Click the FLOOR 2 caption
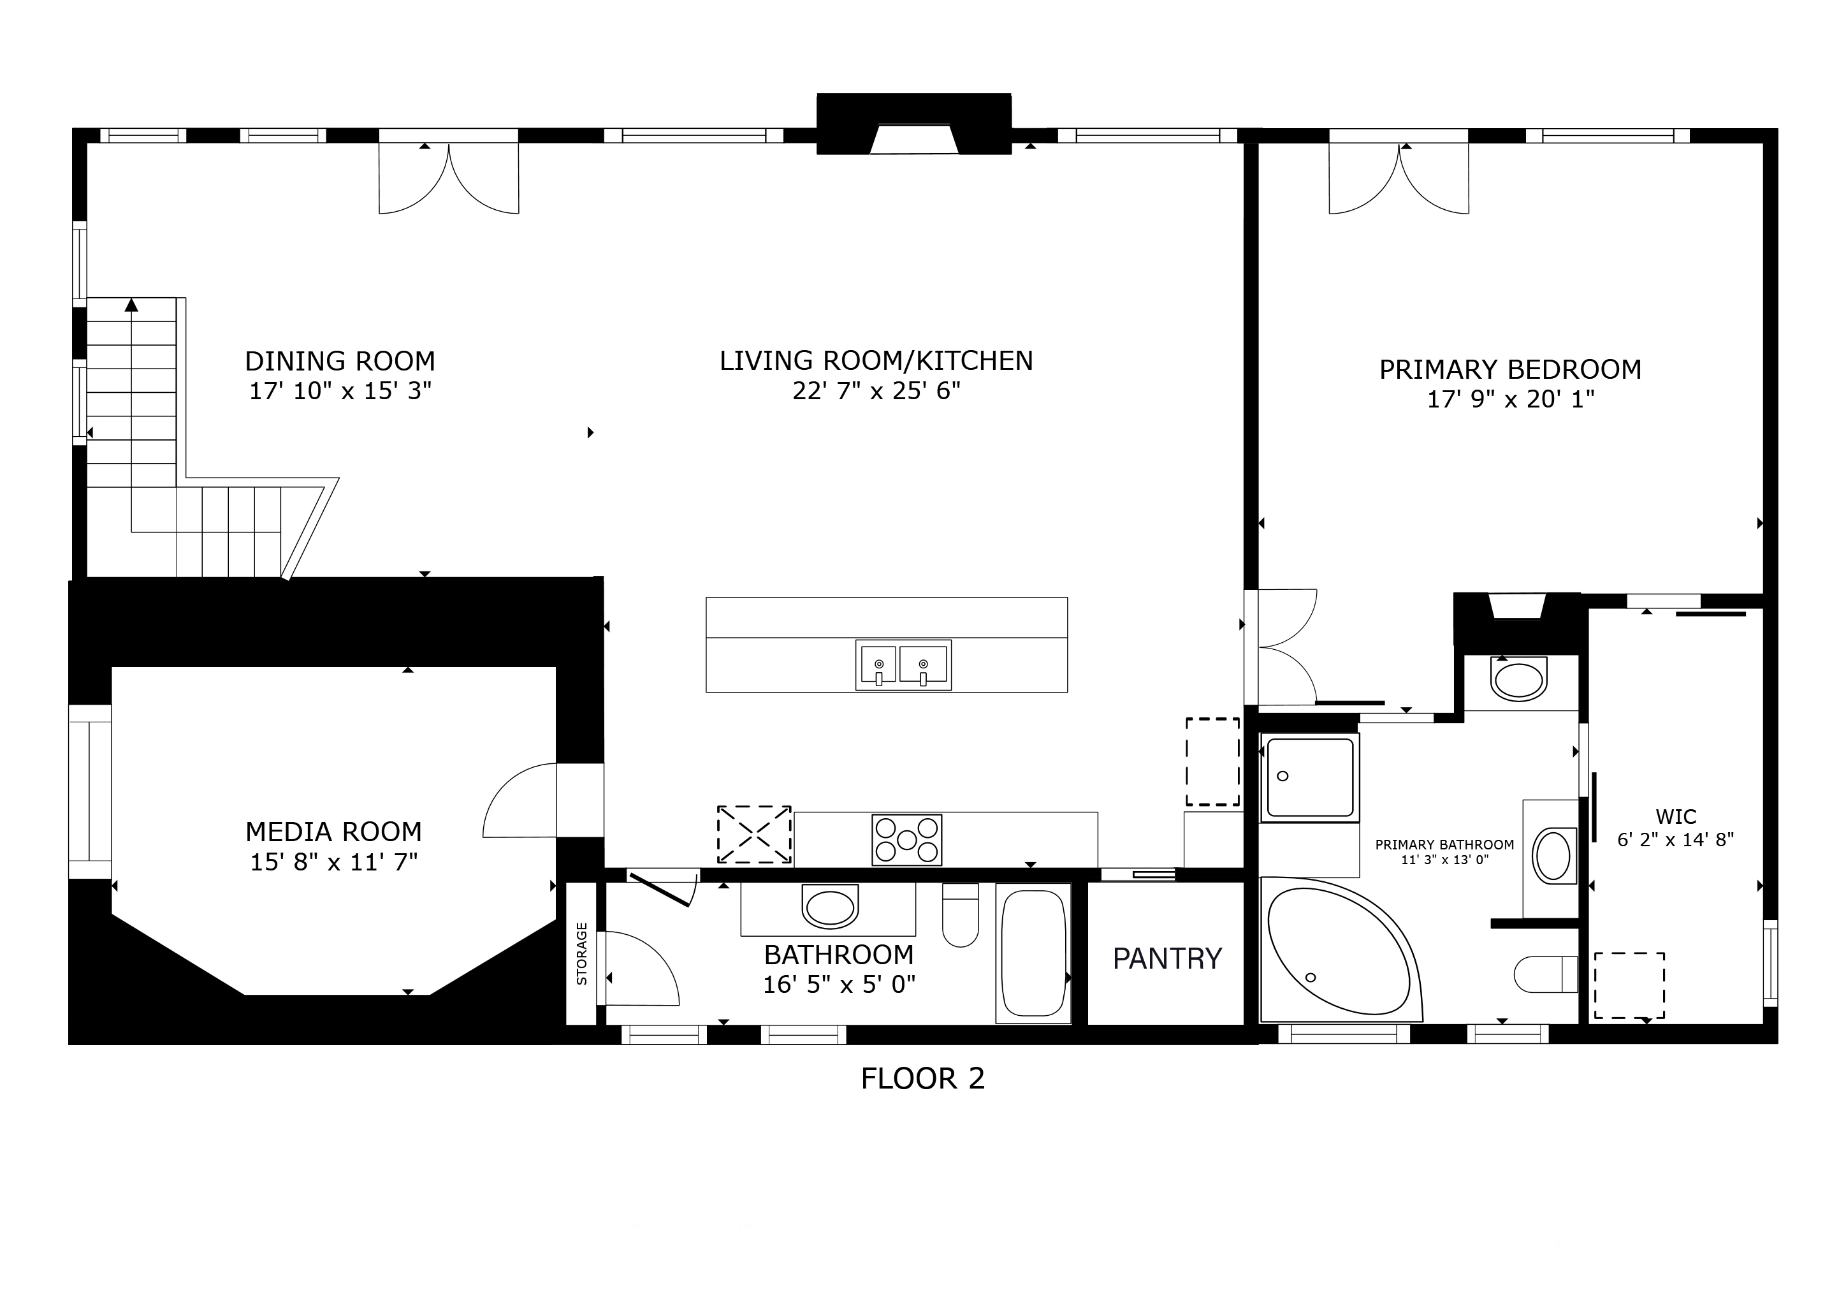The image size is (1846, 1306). point(922,1078)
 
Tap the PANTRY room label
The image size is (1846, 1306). point(1167,958)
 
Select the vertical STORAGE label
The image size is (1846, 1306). point(581,954)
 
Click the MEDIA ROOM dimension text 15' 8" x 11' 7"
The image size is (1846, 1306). point(333,862)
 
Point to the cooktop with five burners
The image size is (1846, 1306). point(907,840)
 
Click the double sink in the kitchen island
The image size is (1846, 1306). point(903,665)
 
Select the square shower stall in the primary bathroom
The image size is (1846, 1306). point(1310,777)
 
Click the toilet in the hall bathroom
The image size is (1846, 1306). point(960,915)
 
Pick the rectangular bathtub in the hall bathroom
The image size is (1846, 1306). point(1033,954)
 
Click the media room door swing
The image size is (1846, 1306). point(520,800)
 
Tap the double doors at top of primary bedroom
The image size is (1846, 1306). point(1399,178)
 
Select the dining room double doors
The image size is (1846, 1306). point(449,178)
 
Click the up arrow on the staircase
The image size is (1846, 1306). point(131,305)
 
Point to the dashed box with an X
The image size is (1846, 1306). point(754,835)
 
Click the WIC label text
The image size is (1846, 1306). point(1676,816)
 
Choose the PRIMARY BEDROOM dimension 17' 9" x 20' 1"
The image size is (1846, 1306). point(1511,400)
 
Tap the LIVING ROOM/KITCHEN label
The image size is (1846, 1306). point(876,360)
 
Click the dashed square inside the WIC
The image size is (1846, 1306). point(1630,985)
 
